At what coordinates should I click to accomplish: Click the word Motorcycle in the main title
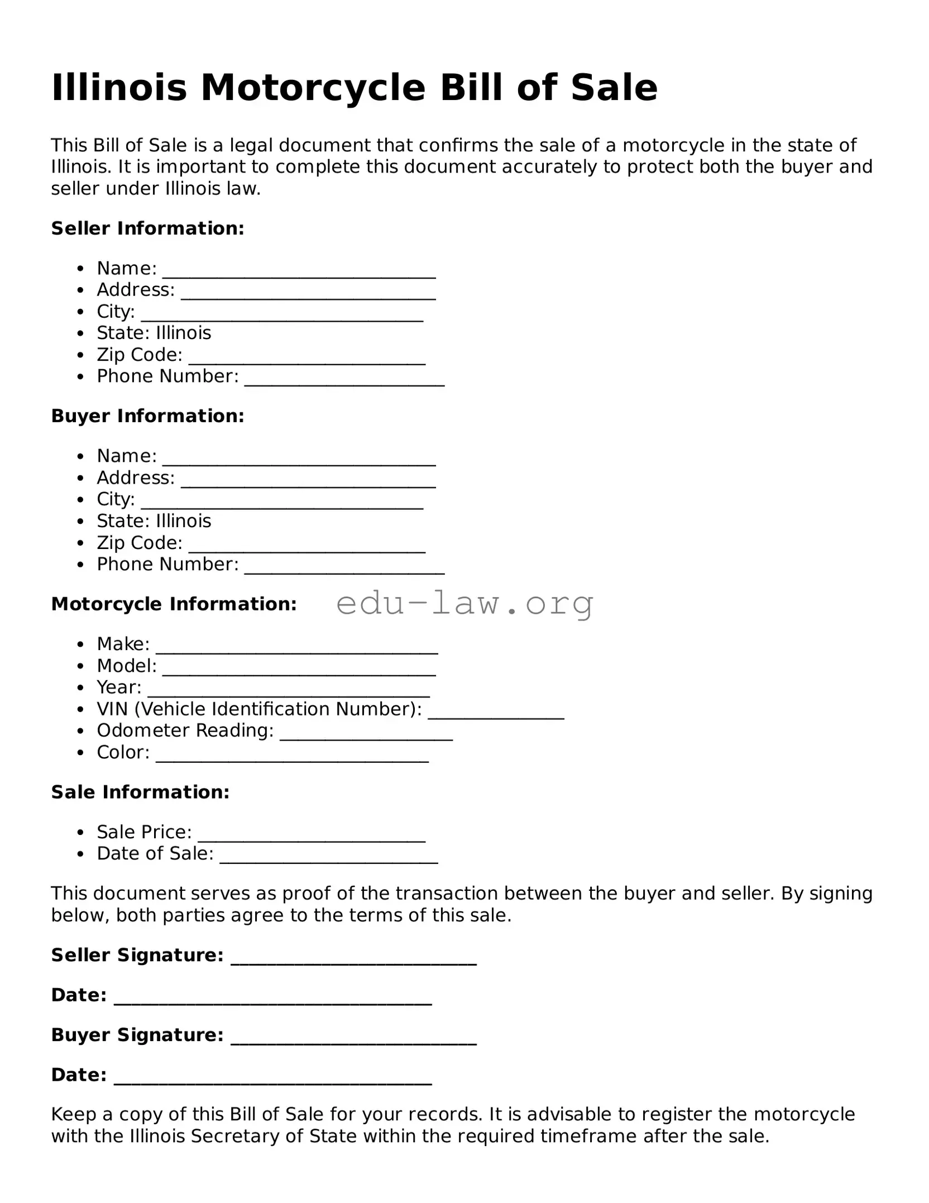coord(313,88)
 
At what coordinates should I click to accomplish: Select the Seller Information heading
coord(147,228)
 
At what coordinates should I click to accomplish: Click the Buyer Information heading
coord(147,416)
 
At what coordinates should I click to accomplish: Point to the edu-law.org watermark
coord(465,604)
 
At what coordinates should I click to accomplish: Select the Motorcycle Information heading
coord(174,604)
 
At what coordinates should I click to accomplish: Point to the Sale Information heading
coord(140,793)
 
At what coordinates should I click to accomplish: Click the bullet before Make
coord(81,645)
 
